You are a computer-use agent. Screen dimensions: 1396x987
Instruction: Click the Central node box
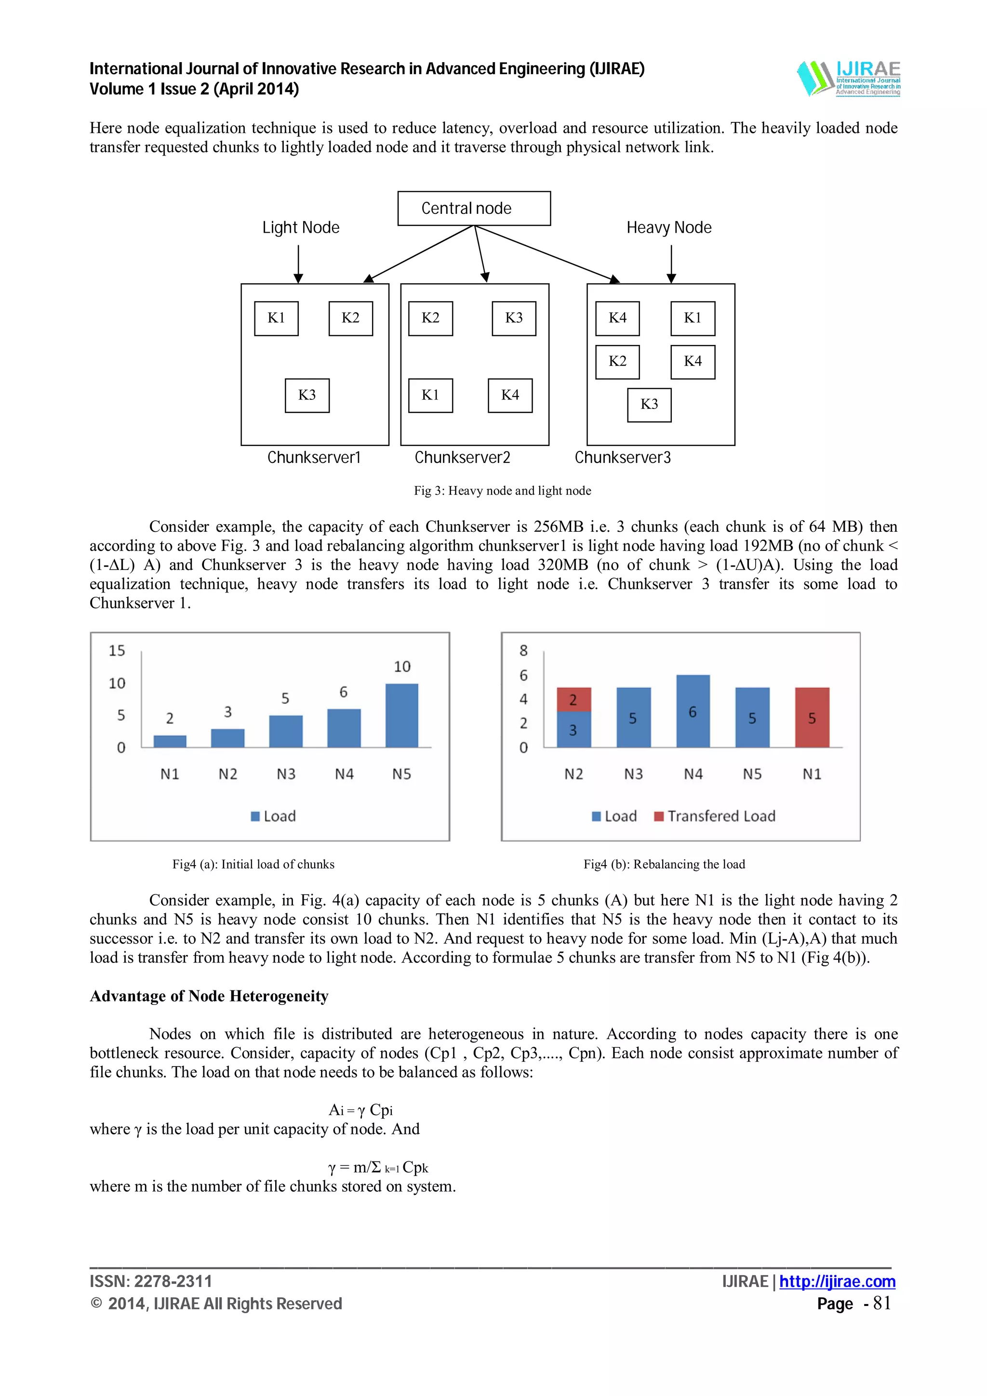click(x=474, y=209)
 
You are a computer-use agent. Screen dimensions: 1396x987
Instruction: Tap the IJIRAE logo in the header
click(x=848, y=79)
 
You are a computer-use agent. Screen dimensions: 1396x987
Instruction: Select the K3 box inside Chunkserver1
click(x=307, y=395)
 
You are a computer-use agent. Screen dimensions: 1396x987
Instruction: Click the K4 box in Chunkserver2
click(x=509, y=395)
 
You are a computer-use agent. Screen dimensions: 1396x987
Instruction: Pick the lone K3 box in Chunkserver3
click(x=649, y=404)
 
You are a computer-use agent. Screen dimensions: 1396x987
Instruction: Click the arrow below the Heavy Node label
click(x=671, y=264)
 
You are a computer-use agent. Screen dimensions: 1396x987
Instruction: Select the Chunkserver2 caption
click(x=462, y=457)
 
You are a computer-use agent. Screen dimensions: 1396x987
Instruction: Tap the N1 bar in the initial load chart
click(x=170, y=741)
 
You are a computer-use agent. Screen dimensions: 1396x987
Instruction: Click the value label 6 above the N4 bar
click(x=344, y=692)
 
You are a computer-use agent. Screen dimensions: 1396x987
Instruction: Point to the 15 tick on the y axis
click(x=117, y=651)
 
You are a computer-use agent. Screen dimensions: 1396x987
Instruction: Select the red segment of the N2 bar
click(x=574, y=700)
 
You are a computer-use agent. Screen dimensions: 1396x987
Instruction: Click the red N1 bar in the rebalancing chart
click(x=812, y=717)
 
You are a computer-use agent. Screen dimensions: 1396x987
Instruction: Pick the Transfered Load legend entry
click(x=715, y=816)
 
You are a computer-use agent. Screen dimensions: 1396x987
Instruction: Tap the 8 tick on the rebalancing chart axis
click(x=523, y=651)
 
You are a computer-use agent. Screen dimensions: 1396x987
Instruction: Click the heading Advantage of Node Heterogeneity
click(x=209, y=996)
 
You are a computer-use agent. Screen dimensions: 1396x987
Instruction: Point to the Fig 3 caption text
click(x=502, y=491)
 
